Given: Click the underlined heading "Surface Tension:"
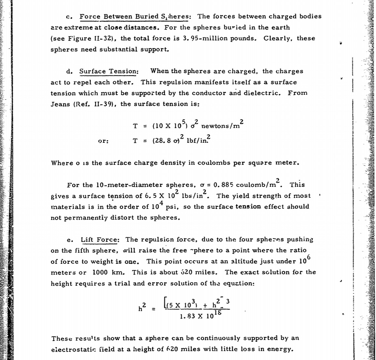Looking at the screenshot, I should [x=109, y=71].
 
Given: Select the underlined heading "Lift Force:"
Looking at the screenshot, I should [x=100, y=240].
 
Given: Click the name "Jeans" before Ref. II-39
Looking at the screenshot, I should [x=61, y=104].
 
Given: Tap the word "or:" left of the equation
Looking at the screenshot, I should [x=103, y=141].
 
